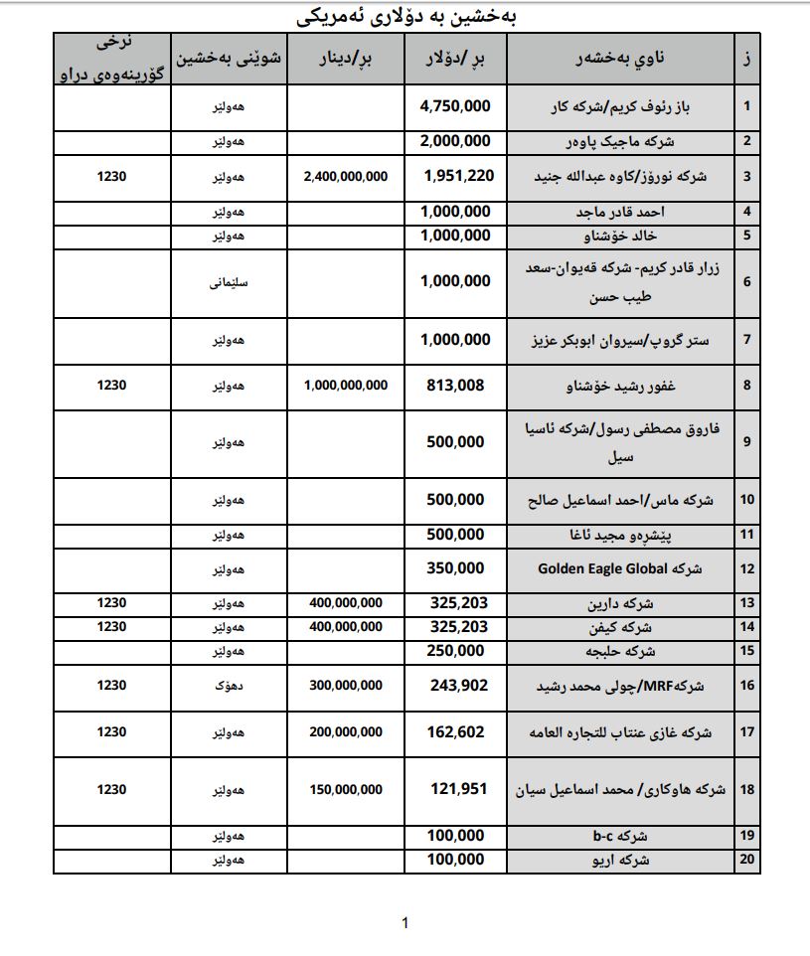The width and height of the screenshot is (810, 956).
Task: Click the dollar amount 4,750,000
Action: [455, 106]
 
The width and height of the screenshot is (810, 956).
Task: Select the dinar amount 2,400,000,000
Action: [345, 177]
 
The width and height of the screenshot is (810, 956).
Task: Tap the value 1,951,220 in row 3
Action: [456, 177]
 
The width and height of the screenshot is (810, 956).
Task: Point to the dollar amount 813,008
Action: [456, 385]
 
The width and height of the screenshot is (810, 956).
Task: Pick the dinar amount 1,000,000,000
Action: [345, 385]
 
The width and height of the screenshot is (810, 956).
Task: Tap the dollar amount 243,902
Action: [456, 686]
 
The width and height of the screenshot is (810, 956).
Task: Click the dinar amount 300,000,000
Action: [345, 686]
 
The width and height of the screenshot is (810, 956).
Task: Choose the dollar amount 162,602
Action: [456, 732]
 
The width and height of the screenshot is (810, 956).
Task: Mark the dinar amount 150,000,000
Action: [345, 790]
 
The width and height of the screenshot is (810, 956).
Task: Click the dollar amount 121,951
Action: [456, 790]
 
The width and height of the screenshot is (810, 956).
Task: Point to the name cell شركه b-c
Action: [620, 836]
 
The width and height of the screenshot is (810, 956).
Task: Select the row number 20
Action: [747, 860]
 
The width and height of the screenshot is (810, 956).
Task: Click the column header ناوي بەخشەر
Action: [620, 59]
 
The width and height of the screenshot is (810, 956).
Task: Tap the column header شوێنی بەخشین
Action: [229, 59]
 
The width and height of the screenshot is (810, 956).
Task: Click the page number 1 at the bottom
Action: [405, 924]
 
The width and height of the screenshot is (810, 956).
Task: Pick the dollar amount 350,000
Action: [456, 569]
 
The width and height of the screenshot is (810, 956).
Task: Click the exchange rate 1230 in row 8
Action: [112, 385]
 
